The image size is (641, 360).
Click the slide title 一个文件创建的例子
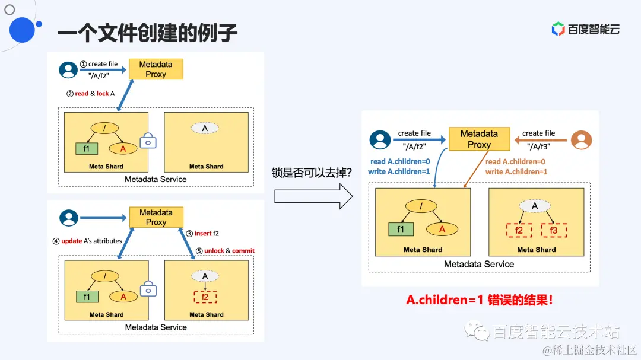(x=147, y=33)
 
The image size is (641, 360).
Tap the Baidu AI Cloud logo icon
(x=558, y=28)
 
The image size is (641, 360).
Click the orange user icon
(x=581, y=139)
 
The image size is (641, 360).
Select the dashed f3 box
(x=554, y=231)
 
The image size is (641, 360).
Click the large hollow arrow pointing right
(x=313, y=196)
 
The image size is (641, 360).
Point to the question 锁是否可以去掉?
(x=312, y=173)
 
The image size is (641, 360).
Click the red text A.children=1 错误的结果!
(x=479, y=300)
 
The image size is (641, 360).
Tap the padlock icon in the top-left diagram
(x=148, y=141)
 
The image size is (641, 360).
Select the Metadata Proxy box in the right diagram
(x=479, y=139)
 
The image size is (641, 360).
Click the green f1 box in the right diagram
(x=401, y=230)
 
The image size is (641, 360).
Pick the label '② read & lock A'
(x=90, y=93)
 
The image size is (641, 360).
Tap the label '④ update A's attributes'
(x=87, y=241)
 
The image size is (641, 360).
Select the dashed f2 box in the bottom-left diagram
(x=205, y=297)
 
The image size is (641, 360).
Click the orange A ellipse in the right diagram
(x=441, y=230)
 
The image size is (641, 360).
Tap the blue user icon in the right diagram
(x=380, y=139)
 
